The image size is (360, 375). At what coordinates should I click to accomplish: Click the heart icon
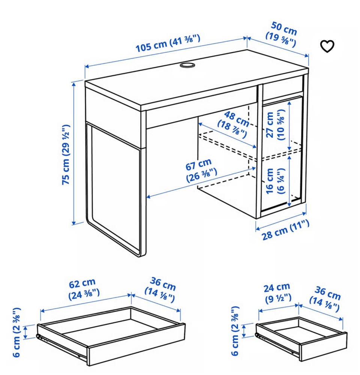click(327, 46)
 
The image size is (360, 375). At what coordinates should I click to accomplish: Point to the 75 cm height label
click(66, 154)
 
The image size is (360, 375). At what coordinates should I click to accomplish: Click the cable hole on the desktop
click(187, 66)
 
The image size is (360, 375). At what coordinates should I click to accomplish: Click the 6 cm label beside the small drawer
click(235, 331)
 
